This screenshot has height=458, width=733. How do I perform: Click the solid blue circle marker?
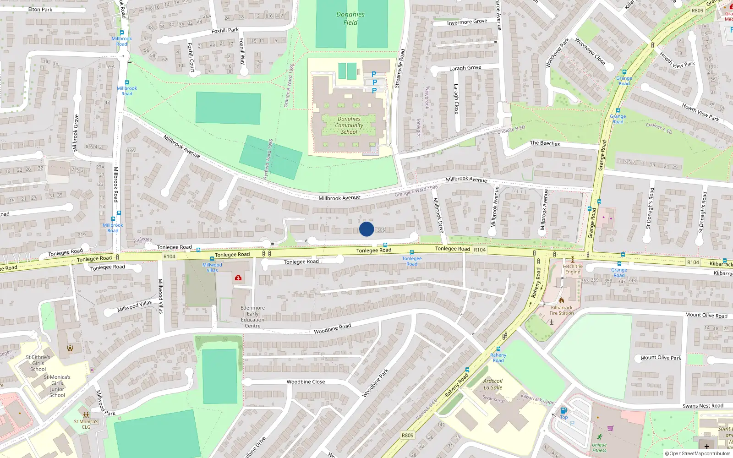[x=366, y=229]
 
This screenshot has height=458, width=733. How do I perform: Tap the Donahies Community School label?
[x=349, y=125]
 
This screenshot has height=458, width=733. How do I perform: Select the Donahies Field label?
[x=350, y=18]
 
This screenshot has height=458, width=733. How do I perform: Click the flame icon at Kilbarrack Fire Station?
[x=561, y=300]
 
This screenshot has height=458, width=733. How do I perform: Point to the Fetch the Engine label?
[x=573, y=269]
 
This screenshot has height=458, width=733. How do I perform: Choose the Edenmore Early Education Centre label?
[x=252, y=317]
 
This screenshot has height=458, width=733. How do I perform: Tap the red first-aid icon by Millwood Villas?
[x=238, y=278]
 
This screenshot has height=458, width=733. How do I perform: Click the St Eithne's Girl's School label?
[x=38, y=363]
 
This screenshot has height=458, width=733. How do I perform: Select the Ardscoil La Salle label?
[x=493, y=384]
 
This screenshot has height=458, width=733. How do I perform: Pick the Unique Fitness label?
[x=599, y=447]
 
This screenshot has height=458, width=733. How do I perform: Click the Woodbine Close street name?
[x=306, y=382]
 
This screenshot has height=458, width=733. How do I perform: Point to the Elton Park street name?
[x=40, y=9]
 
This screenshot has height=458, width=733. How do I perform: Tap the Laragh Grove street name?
[x=465, y=68]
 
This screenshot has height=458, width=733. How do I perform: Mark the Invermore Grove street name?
[x=467, y=22]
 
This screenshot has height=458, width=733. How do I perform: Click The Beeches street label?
[x=545, y=143]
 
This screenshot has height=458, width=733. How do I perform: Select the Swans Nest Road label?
[x=703, y=406]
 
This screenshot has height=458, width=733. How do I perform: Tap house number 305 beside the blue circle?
[x=381, y=230]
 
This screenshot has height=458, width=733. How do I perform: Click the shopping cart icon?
[x=610, y=429]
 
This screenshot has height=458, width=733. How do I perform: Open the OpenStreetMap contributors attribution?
[x=700, y=453]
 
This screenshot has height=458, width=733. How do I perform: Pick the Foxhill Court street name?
[x=191, y=57]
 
